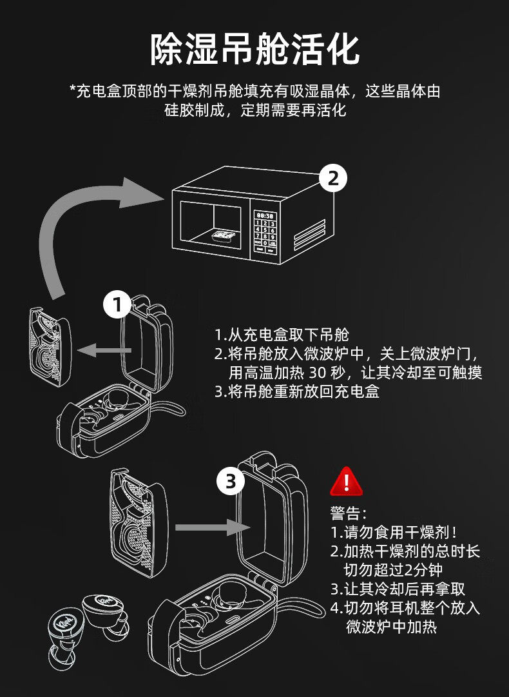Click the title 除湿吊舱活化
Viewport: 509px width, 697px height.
pyautogui.click(x=254, y=48)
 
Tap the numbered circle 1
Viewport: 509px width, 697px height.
pyautogui.click(x=117, y=305)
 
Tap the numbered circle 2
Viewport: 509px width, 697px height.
pyautogui.click(x=333, y=178)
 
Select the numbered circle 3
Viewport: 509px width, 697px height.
pyautogui.click(x=230, y=480)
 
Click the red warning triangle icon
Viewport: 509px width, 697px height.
pyautogui.click(x=347, y=480)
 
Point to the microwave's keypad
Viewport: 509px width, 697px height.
pyautogui.click(x=265, y=230)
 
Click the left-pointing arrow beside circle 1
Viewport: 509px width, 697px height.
pyautogui.click(x=103, y=350)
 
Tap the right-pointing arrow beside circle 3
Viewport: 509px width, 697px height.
pyautogui.click(x=212, y=527)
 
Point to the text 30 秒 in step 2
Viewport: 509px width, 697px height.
pyautogui.click(x=327, y=373)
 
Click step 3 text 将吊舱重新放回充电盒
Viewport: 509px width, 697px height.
pyautogui.click(x=296, y=391)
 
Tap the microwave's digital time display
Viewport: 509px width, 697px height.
pyautogui.click(x=265, y=215)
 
